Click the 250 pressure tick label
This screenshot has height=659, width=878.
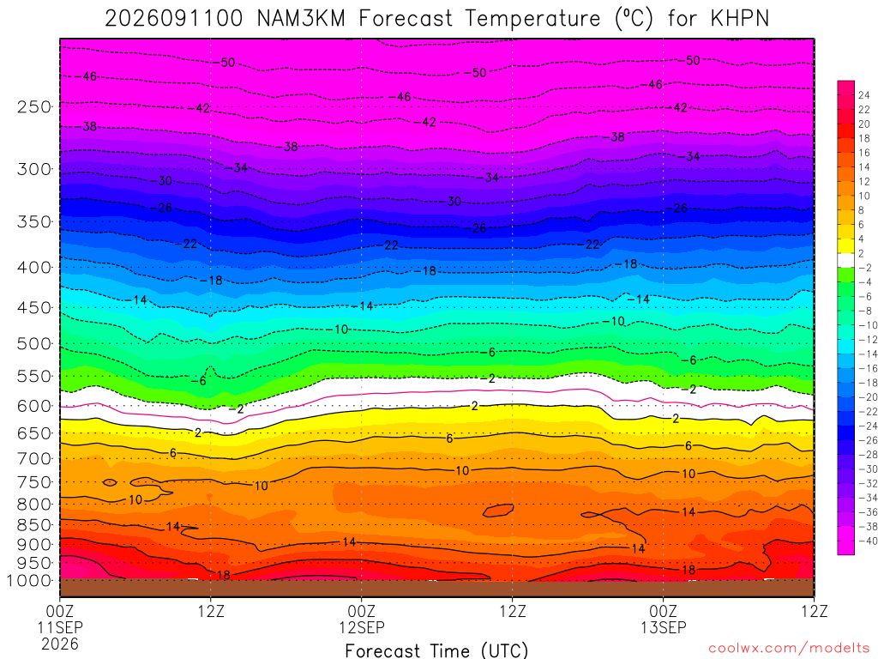click(33, 106)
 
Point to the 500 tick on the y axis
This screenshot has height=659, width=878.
click(33, 343)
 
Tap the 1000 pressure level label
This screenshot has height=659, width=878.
click(30, 581)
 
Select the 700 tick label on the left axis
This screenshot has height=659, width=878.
click(33, 459)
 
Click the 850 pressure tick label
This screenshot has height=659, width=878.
click(33, 525)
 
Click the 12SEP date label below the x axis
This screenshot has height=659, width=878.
click(362, 627)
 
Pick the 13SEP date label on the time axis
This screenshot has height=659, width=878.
click(664, 627)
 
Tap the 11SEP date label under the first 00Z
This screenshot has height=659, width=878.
click(60, 627)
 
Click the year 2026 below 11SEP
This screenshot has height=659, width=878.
click(60, 644)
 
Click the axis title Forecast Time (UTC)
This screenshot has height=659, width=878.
click(436, 650)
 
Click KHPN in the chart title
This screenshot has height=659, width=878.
click(740, 19)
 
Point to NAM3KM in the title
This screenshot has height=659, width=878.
click(301, 19)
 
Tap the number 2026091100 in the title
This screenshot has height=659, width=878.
click(173, 19)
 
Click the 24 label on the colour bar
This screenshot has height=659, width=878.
click(864, 95)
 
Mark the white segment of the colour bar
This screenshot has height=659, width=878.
click(845, 260)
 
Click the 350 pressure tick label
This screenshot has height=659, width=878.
click(33, 222)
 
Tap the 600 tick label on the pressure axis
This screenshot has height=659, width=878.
click(33, 406)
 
